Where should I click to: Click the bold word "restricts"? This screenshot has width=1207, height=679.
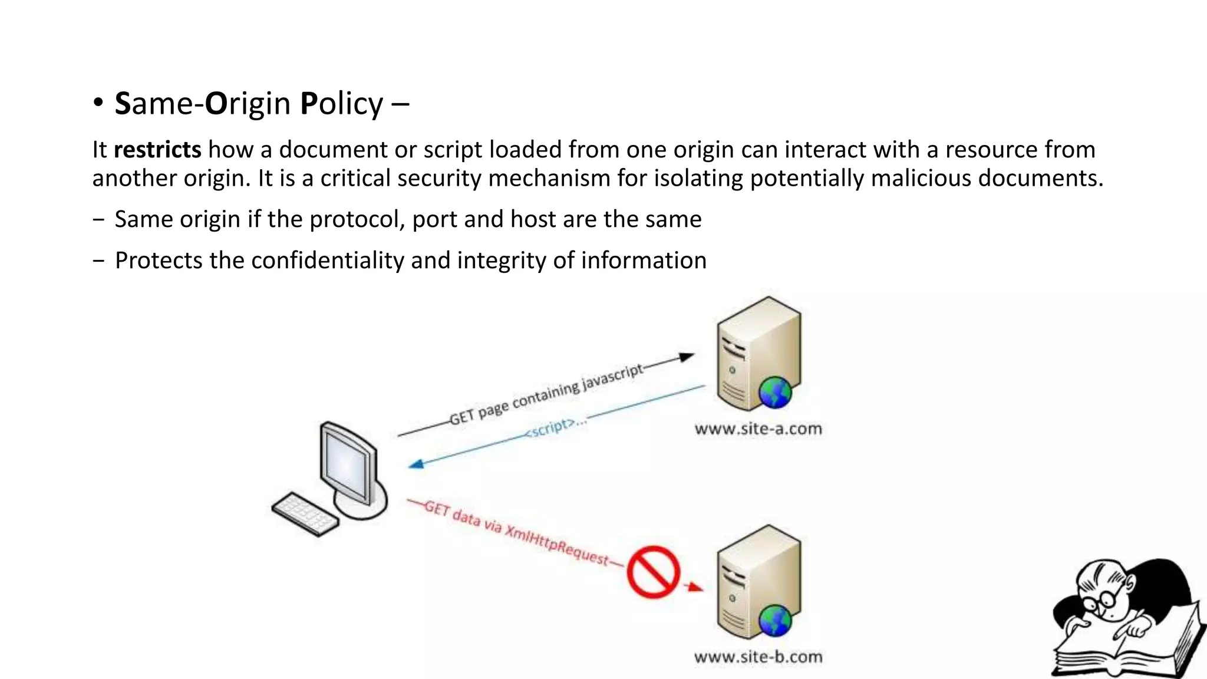pos(157,150)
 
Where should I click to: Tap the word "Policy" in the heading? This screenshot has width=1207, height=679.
pos(341,104)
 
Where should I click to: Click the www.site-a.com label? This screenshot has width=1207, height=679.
pos(758,429)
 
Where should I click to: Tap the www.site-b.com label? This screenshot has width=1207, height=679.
pos(758,657)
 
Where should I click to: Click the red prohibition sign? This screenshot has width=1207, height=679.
pos(653,572)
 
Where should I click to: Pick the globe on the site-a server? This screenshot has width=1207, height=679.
pos(775,392)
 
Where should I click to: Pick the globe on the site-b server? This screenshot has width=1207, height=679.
pos(775,621)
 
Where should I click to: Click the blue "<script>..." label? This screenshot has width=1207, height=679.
pos(556,427)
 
